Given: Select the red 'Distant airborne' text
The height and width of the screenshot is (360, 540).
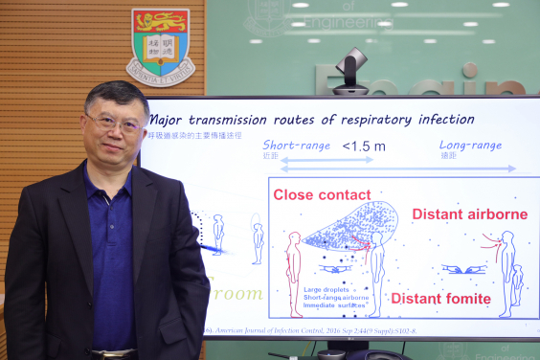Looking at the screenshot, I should tap(470, 214).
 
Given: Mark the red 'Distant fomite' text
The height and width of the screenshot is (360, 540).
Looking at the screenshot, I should tap(440, 299).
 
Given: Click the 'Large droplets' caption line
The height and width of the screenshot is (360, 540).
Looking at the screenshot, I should tap(326, 289).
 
